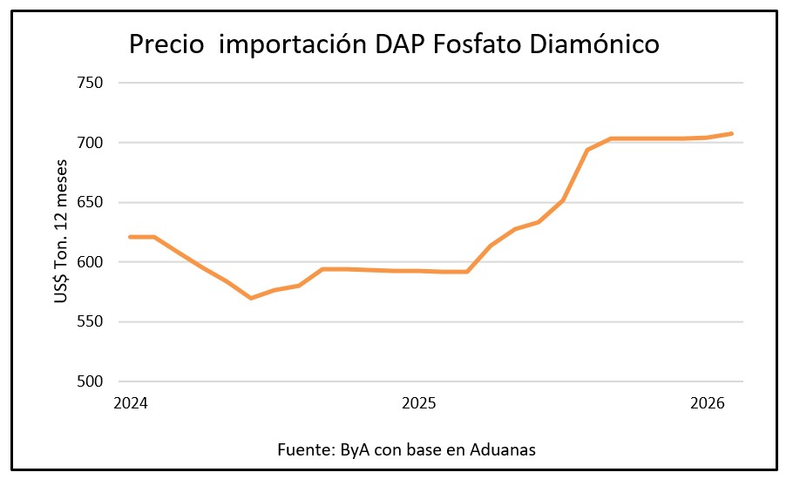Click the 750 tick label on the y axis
pyautogui.click(x=91, y=83)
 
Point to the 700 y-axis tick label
pyautogui.click(x=91, y=142)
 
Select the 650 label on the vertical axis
pyautogui.click(x=91, y=202)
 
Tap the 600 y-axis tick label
pyautogui.click(x=91, y=262)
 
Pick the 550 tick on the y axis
pyautogui.click(x=91, y=321)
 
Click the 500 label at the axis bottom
pyautogui.click(x=91, y=381)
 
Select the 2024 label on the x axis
pyautogui.click(x=130, y=404)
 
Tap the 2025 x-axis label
pyautogui.click(x=418, y=404)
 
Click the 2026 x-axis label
pyautogui.click(x=707, y=404)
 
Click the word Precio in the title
pyautogui.click(x=167, y=44)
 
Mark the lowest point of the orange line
pyautogui.click(x=251, y=298)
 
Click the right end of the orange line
pyautogui.click(x=732, y=133)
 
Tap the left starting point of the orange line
pyautogui.click(x=130, y=237)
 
